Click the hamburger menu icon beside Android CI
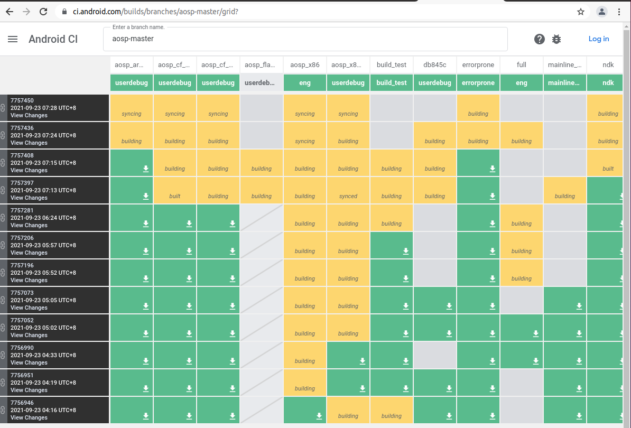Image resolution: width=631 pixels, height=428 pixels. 13,39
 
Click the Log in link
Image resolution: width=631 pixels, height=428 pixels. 599,39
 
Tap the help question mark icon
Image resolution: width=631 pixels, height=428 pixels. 539,39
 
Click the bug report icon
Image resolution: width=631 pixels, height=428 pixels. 556,39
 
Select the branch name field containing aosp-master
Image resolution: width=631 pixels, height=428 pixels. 305,39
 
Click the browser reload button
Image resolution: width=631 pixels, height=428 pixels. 43,11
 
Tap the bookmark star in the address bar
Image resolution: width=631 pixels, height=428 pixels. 581,11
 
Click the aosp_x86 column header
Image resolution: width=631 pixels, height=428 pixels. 305,65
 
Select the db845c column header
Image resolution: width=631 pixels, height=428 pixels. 435,65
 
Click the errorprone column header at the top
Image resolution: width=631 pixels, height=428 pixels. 478,65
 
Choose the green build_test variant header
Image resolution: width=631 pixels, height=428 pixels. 392,83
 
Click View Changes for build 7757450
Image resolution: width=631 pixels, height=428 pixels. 29,115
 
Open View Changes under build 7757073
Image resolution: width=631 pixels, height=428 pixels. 29,308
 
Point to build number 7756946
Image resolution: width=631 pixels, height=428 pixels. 22,403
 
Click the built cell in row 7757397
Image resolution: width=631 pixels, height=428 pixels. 175,190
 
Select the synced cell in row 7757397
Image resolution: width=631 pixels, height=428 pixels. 348,190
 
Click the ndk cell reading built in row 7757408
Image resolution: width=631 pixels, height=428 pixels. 608,163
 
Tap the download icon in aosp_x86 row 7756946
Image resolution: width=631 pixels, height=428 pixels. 319,416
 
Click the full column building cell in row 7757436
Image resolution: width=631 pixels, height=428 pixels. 522,135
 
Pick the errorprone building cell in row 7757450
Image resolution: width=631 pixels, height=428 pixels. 478,108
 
